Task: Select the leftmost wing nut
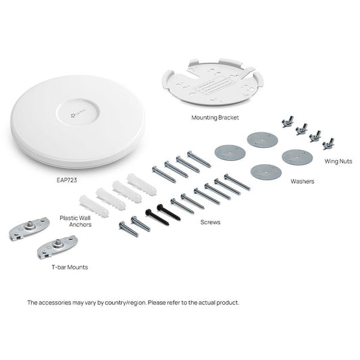[284, 120]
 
